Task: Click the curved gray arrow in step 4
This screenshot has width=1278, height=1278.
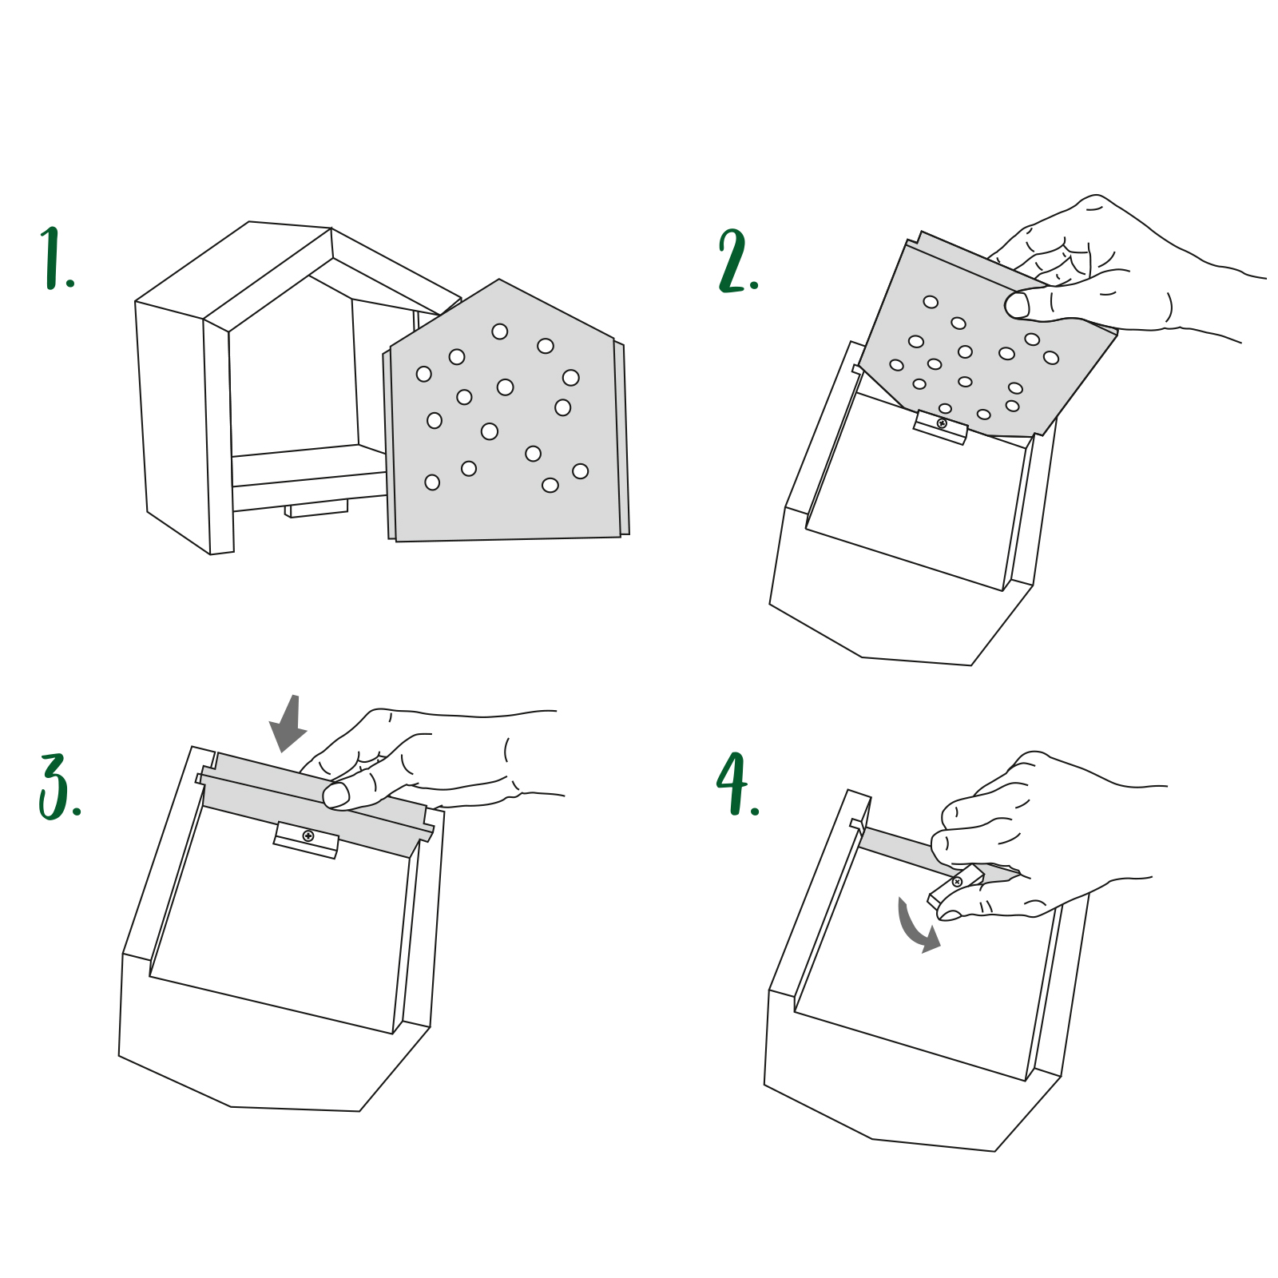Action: click(915, 927)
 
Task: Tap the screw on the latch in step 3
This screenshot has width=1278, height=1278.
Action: click(308, 835)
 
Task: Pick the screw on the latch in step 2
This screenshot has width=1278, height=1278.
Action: click(942, 423)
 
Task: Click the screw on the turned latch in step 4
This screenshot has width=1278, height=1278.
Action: click(957, 882)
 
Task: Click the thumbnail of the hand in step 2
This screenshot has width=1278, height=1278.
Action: click(1016, 305)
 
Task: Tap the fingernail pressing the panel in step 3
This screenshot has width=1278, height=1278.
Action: click(335, 795)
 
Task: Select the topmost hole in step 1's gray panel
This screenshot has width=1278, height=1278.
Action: click(500, 331)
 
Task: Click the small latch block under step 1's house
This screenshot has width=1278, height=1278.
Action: click(317, 509)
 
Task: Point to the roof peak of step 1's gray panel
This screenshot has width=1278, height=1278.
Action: click(499, 280)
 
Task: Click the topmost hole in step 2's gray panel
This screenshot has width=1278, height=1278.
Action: click(931, 302)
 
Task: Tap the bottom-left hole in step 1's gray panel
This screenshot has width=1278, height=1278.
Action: click(432, 482)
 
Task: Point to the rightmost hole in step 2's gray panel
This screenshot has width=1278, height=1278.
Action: click(1051, 357)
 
